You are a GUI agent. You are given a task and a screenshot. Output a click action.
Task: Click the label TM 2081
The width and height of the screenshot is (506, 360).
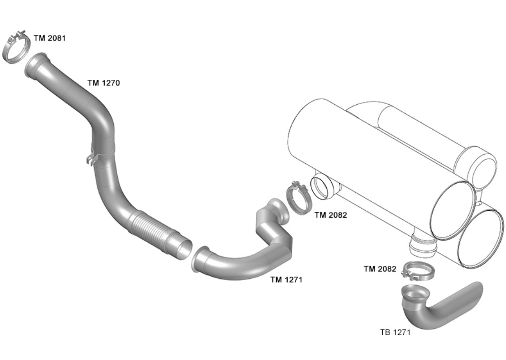tap(49, 38)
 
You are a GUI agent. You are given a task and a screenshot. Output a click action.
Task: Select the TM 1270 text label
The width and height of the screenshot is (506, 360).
tap(103, 83)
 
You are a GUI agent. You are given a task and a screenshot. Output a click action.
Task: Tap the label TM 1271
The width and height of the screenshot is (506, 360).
tap(286, 280)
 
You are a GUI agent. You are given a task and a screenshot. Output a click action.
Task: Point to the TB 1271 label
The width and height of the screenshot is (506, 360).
tap(395, 332)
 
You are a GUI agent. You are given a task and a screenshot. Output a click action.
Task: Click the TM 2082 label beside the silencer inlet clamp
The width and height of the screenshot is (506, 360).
tap(331, 215)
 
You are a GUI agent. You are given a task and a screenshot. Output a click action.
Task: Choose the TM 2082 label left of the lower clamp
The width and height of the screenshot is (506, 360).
tap(380, 269)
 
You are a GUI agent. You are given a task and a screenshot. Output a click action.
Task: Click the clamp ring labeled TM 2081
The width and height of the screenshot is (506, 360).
tap(17, 48)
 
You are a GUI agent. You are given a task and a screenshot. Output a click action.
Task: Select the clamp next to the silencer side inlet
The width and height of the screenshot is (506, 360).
tap(298, 198)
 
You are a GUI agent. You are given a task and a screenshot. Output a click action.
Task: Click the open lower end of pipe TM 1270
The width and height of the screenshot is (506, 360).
tap(183, 249)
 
